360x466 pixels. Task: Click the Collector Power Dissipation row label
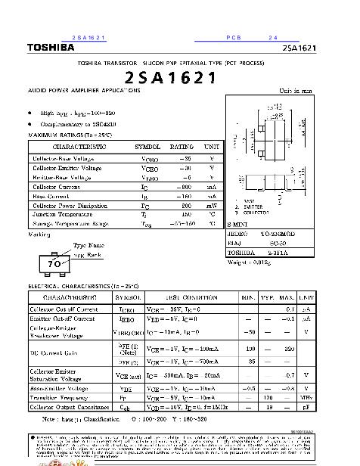tap(72, 205)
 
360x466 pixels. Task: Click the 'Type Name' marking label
tap(89, 245)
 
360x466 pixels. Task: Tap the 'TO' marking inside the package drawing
tap(54, 264)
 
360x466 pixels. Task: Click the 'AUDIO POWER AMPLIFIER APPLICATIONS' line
tap(84, 90)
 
